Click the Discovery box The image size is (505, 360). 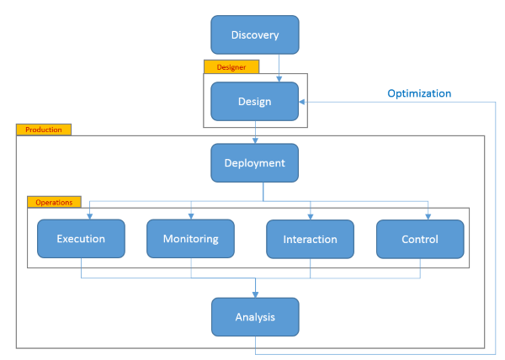point(255,34)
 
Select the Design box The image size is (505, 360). point(254,101)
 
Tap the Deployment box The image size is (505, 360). point(254,163)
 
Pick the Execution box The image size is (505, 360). point(81,239)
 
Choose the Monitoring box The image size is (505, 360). point(190,239)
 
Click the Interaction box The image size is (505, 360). point(310,239)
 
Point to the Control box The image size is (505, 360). point(420,239)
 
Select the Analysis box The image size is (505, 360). point(255,317)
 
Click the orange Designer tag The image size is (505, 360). point(231,67)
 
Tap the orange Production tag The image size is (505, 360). point(44,130)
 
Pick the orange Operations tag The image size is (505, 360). point(54,202)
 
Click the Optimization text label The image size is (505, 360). point(419,93)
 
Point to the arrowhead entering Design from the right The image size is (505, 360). point(302,102)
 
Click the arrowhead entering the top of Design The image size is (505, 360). point(279,79)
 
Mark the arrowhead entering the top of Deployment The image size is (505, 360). point(255,140)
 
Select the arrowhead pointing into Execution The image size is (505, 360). point(89,216)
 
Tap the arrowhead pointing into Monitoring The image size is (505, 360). point(191,216)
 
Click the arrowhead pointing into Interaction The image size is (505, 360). point(310,217)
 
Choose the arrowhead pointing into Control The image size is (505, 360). point(428,217)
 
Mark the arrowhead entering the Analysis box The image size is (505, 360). point(255,294)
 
